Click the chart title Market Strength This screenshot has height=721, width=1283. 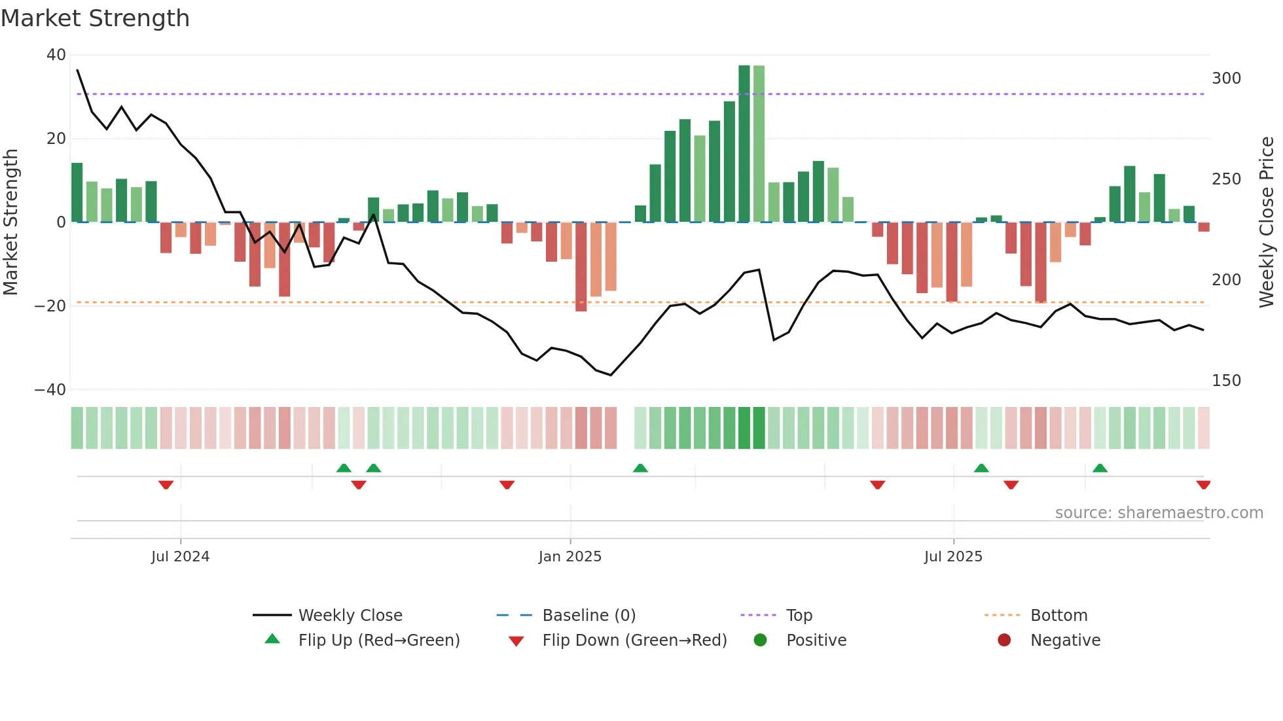tap(96, 18)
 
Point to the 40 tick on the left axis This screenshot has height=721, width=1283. tap(56, 55)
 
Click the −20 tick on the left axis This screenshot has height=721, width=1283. tap(50, 306)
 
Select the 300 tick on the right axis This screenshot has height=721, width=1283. tap(1226, 79)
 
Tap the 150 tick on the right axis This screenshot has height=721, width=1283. tap(1226, 381)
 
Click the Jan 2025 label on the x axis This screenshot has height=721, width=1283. tap(569, 557)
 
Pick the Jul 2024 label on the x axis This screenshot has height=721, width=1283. tap(180, 557)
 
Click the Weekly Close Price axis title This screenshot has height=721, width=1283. tap(1267, 222)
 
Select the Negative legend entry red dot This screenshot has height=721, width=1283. tap(1004, 641)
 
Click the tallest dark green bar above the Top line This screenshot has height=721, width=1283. tap(744, 144)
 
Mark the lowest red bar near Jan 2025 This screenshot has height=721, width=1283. tap(581, 267)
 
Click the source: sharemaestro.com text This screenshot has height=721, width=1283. tap(1159, 513)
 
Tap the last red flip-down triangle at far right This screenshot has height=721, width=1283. tap(1203, 485)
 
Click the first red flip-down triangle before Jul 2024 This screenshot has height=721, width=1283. tap(166, 485)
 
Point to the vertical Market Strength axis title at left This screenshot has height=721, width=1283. tap(11, 222)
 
